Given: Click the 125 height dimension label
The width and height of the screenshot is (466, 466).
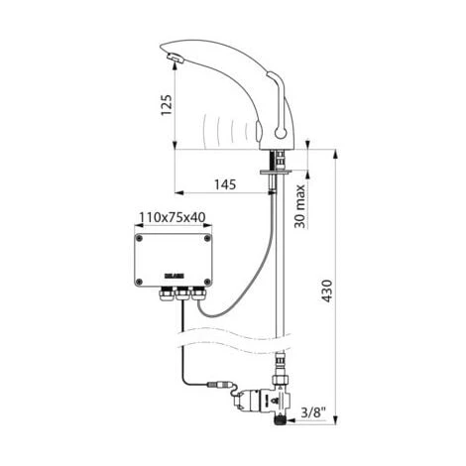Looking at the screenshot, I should (x=167, y=103).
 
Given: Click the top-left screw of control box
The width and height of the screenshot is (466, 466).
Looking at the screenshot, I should (x=140, y=238).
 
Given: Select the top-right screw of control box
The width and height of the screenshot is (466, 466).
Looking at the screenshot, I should (x=205, y=238).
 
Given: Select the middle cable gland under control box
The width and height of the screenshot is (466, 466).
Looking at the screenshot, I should (x=181, y=293).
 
